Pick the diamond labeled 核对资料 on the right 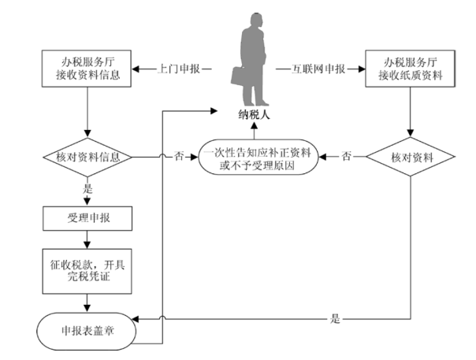click(x=411, y=157)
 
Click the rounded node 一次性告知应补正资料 click(x=258, y=157)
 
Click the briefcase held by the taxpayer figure click(x=238, y=76)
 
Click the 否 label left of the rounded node click(x=179, y=157)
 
